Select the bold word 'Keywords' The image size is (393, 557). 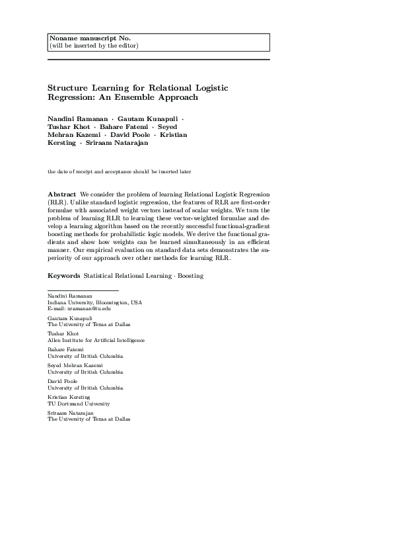63,275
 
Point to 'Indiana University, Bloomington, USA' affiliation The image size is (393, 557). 94,302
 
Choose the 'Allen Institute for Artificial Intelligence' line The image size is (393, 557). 96,340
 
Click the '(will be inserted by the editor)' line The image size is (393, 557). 94,46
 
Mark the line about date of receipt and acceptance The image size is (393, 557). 119,172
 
